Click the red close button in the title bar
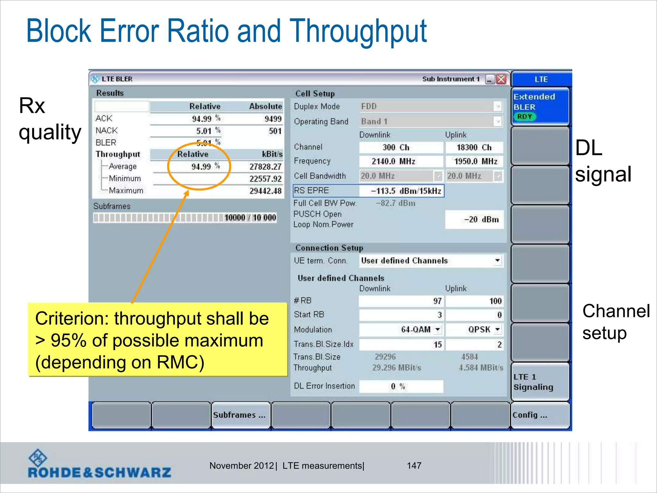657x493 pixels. point(501,79)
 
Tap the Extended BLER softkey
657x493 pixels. point(540,106)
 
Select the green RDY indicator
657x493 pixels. point(525,117)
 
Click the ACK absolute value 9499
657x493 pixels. point(273,119)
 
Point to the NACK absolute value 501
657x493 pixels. point(275,131)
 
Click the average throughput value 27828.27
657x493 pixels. point(265,167)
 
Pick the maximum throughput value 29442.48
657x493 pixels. point(265,191)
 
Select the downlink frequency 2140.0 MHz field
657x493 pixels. point(401,161)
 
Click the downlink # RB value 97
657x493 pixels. point(401,301)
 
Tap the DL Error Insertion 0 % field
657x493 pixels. point(401,386)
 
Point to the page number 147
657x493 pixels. point(414,465)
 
